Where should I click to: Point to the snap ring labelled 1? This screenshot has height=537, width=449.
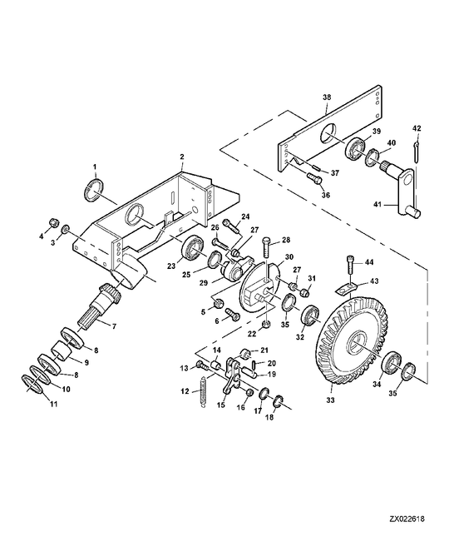(93, 191)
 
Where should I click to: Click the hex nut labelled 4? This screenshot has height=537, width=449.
(53, 222)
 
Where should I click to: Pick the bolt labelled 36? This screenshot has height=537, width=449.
(314, 178)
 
